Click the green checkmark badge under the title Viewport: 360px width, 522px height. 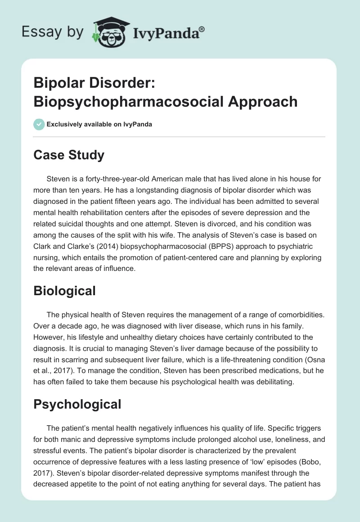(39, 124)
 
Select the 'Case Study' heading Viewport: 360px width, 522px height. (69, 155)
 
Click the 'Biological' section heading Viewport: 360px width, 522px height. (65, 291)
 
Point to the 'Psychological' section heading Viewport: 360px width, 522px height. (77, 404)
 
